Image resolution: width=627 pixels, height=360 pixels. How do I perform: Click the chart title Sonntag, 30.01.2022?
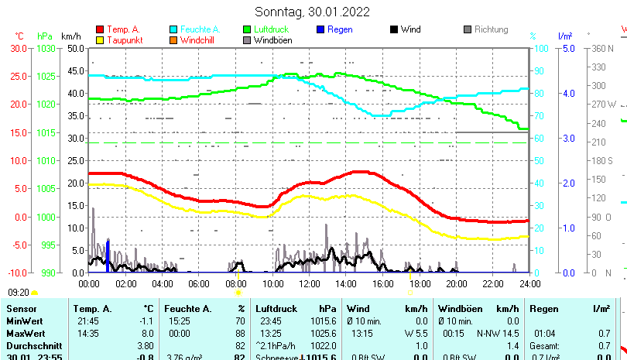point(312,12)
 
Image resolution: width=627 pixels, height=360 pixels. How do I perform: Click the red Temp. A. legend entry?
point(122,29)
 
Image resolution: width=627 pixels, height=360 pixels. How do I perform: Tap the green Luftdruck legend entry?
point(269,29)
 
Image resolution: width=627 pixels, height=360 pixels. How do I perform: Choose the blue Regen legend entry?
point(339,29)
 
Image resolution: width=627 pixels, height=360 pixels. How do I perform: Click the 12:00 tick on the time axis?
point(310,283)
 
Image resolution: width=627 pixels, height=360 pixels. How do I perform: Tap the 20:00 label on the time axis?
point(456,283)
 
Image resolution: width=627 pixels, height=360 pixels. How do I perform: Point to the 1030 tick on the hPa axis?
point(46,48)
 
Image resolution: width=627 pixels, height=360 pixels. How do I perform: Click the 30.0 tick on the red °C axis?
point(19,48)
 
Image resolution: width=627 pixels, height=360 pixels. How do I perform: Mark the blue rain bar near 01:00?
point(108,255)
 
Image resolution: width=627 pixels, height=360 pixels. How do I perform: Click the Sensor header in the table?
point(21,308)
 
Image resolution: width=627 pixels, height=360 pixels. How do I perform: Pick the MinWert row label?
point(24,321)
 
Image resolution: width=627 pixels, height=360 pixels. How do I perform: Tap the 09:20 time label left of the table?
point(19,293)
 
